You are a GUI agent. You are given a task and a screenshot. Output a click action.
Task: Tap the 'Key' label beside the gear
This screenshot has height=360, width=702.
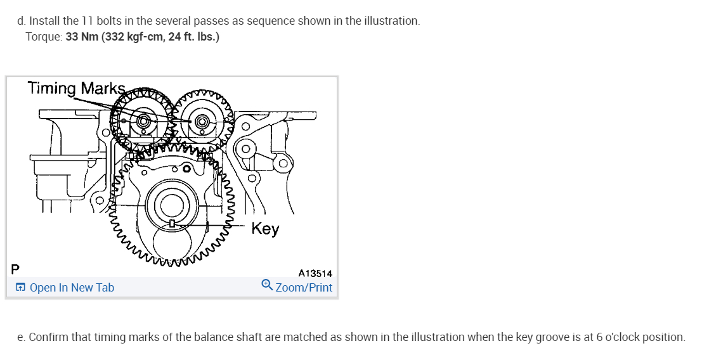(265, 228)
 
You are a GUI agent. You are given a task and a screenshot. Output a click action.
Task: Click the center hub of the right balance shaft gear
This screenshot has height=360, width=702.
(203, 120)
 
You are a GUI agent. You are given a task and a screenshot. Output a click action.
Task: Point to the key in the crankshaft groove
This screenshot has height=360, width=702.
(171, 224)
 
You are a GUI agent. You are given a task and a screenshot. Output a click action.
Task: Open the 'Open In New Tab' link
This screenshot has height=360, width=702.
(72, 288)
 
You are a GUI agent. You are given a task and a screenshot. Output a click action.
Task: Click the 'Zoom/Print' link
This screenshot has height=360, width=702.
(304, 287)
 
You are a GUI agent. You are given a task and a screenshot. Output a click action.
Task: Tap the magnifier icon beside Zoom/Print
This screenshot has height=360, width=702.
(268, 286)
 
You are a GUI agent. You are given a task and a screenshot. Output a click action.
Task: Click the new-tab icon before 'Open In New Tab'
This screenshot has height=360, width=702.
(21, 288)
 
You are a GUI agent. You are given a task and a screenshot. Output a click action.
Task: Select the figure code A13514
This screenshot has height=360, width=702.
(315, 274)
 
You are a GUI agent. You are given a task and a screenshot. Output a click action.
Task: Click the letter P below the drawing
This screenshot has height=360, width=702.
(15, 269)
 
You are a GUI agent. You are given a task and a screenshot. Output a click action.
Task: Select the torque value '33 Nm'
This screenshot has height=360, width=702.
(81, 37)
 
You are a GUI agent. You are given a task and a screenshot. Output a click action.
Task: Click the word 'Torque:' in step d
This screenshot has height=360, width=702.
(44, 37)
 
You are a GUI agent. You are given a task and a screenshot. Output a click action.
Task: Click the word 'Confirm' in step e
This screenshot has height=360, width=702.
(48, 337)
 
